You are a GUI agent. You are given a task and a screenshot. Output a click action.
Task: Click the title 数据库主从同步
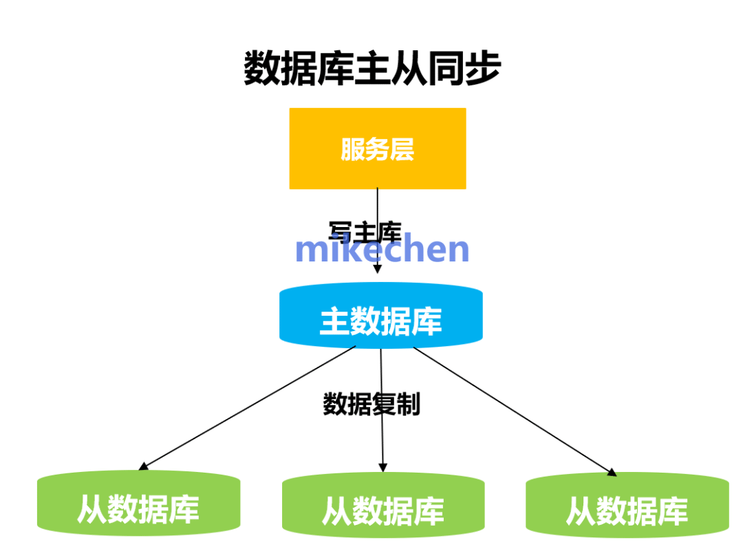coord(372,69)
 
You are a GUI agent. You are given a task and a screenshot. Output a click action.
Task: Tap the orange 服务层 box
coord(377,149)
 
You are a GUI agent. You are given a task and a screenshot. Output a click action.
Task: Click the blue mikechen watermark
coord(382,249)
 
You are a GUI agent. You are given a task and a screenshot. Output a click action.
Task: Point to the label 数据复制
coord(371,405)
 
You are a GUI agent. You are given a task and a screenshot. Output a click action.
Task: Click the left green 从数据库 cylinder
coord(138,505)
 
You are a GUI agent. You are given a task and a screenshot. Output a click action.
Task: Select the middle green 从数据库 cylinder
coord(383,508)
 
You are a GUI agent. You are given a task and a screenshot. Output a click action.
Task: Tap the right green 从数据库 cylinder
coord(627,508)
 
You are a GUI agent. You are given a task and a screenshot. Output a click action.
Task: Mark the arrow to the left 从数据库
coord(248,408)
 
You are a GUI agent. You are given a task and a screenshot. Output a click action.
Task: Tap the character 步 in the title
coord(482,69)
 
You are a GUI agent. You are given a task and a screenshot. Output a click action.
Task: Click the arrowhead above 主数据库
coord(377,269)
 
